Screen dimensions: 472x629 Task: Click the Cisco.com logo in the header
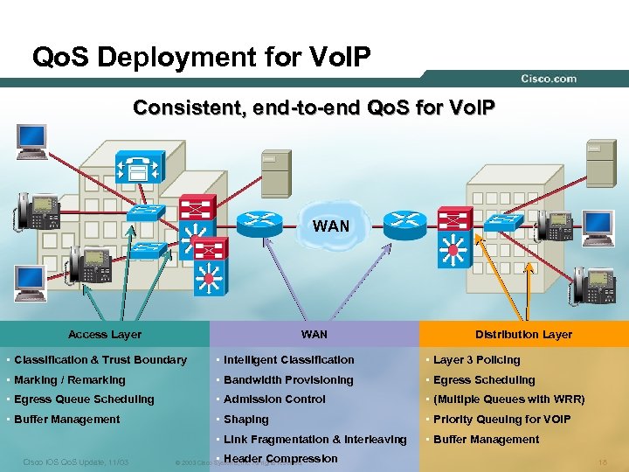(x=549, y=79)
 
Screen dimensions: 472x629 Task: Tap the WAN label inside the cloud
(x=331, y=226)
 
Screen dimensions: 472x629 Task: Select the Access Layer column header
(x=105, y=334)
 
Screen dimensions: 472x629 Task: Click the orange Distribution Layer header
(x=523, y=334)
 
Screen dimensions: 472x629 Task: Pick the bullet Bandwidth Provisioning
(x=288, y=380)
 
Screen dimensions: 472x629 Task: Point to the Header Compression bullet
(x=280, y=459)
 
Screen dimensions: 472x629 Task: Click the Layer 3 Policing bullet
(x=476, y=360)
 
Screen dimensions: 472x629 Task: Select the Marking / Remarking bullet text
(x=70, y=380)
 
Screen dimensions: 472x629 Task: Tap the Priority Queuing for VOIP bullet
(x=501, y=420)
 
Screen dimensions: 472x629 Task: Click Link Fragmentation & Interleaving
(x=314, y=440)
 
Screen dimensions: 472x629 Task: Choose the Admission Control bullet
(x=274, y=399)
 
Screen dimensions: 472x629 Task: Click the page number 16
(x=601, y=461)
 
